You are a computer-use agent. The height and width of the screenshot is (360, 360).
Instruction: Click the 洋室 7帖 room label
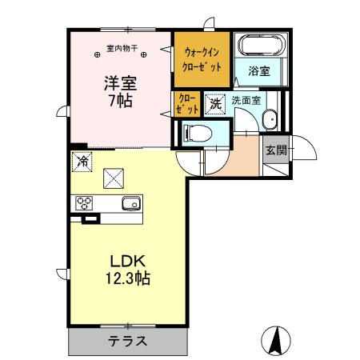[x=118, y=92]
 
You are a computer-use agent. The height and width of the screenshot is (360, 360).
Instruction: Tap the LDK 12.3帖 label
[x=124, y=270]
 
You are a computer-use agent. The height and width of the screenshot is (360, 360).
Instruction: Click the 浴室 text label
[x=258, y=70]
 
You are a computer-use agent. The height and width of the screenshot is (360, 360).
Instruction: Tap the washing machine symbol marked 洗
[x=214, y=102]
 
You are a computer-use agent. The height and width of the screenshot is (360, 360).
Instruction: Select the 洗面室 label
[x=246, y=102]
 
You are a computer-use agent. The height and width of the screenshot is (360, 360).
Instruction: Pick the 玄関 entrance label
[x=276, y=150]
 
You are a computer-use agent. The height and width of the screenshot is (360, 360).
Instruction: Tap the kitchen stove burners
[x=84, y=202]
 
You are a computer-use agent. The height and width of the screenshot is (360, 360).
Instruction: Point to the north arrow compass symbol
[x=275, y=340]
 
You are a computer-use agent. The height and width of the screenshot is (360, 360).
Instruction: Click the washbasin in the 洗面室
[x=270, y=121]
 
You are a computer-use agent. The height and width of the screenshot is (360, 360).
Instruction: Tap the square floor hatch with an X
[x=114, y=178]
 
